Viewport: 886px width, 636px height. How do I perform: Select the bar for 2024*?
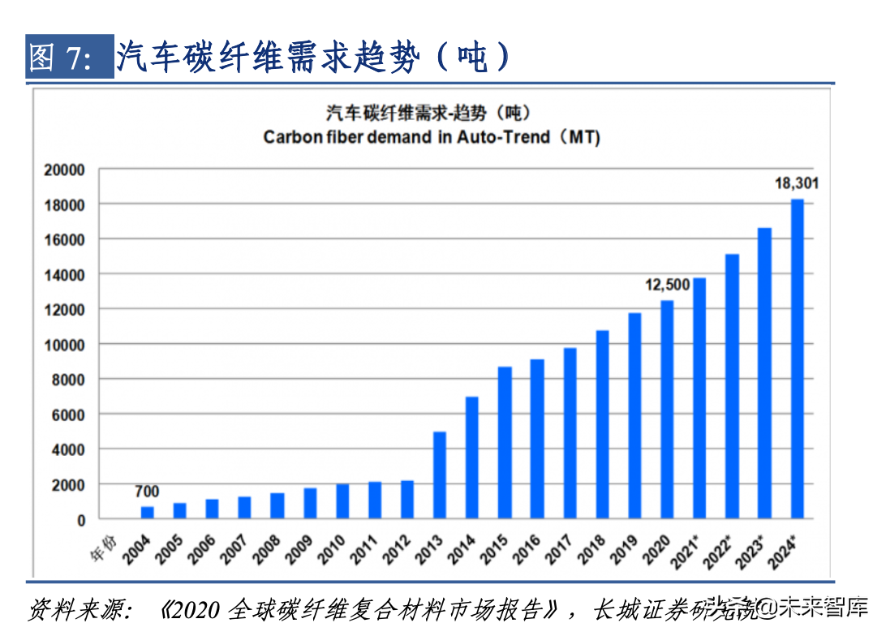pos(798,359)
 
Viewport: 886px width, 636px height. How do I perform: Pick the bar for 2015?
pos(505,443)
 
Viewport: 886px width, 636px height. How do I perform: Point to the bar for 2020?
pos(667,410)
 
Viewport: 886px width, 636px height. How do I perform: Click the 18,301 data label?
pos(797,183)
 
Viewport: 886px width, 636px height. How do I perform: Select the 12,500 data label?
pos(667,285)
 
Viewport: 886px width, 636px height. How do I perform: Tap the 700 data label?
pos(147,492)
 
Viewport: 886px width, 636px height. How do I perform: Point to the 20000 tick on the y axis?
pos(64,170)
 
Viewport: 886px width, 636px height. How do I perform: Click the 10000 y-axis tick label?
pos(64,345)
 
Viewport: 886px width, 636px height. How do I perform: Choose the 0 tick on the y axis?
pos(80,520)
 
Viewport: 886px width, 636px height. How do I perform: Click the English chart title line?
pos(432,137)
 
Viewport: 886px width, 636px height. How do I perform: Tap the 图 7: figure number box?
pos(69,58)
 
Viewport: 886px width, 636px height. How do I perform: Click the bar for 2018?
pos(602,424)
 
